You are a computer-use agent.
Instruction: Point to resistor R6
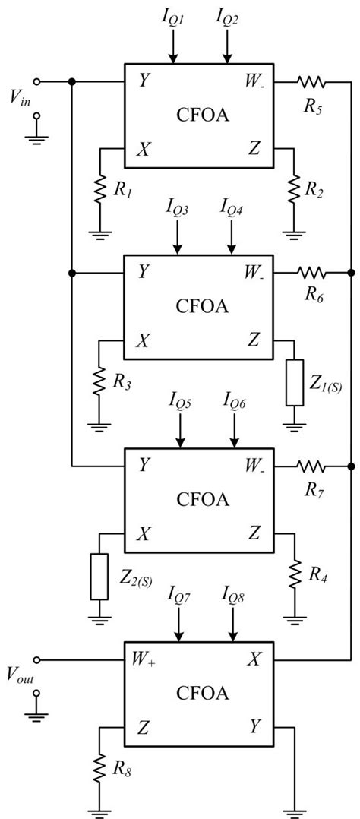[x=311, y=271]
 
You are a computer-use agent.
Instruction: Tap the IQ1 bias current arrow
[x=174, y=46]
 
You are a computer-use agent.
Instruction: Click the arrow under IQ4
[x=231, y=237]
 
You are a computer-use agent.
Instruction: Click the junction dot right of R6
[x=352, y=271]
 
